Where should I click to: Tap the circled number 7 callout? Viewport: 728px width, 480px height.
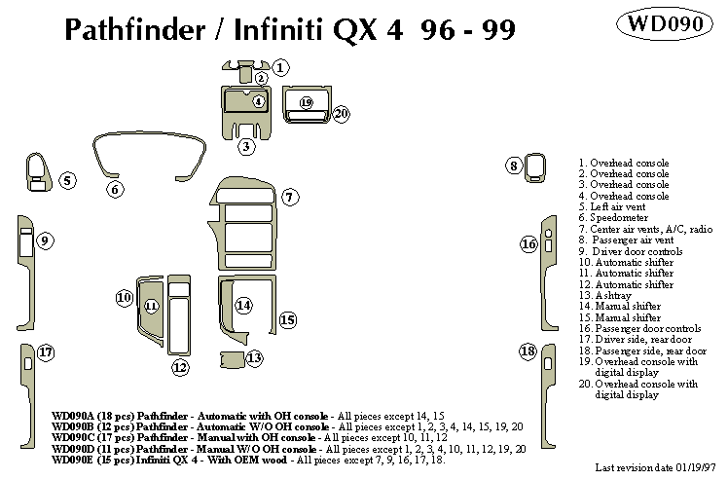coord(289,198)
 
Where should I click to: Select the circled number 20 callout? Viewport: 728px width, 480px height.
coord(340,114)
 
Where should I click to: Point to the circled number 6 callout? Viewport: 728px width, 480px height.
coord(115,189)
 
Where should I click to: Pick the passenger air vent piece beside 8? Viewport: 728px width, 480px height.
coord(535,166)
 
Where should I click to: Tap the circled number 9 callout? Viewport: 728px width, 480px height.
coord(45,240)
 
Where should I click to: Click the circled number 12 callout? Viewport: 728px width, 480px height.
coord(179,367)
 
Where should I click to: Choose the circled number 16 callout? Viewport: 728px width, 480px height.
coord(528,244)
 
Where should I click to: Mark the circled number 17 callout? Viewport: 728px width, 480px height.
coord(45,351)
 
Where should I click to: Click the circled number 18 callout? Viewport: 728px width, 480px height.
coord(528,351)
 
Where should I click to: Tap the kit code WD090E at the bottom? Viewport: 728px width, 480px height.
coord(74,462)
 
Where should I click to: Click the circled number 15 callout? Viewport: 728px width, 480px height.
coord(287,318)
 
